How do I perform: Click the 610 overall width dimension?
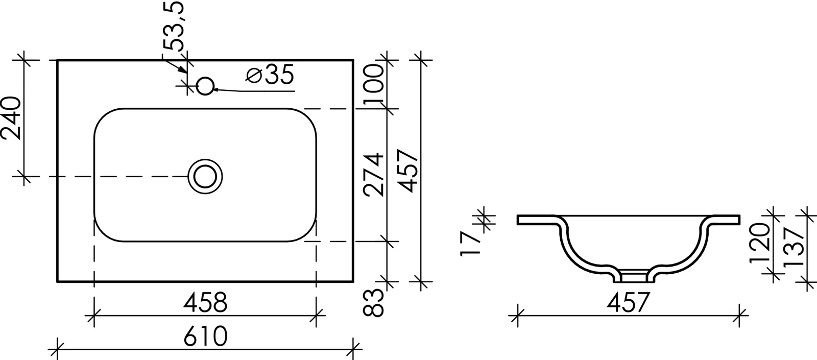click(x=205, y=337)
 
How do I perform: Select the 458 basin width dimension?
click(x=205, y=302)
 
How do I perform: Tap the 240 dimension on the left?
click(x=11, y=118)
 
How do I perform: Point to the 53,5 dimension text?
click(x=173, y=26)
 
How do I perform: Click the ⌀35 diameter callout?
click(x=270, y=75)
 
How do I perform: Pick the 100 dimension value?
click(x=374, y=84)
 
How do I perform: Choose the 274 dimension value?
click(x=374, y=175)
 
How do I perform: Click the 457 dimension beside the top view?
click(x=407, y=171)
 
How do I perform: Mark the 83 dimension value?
click(x=373, y=302)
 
